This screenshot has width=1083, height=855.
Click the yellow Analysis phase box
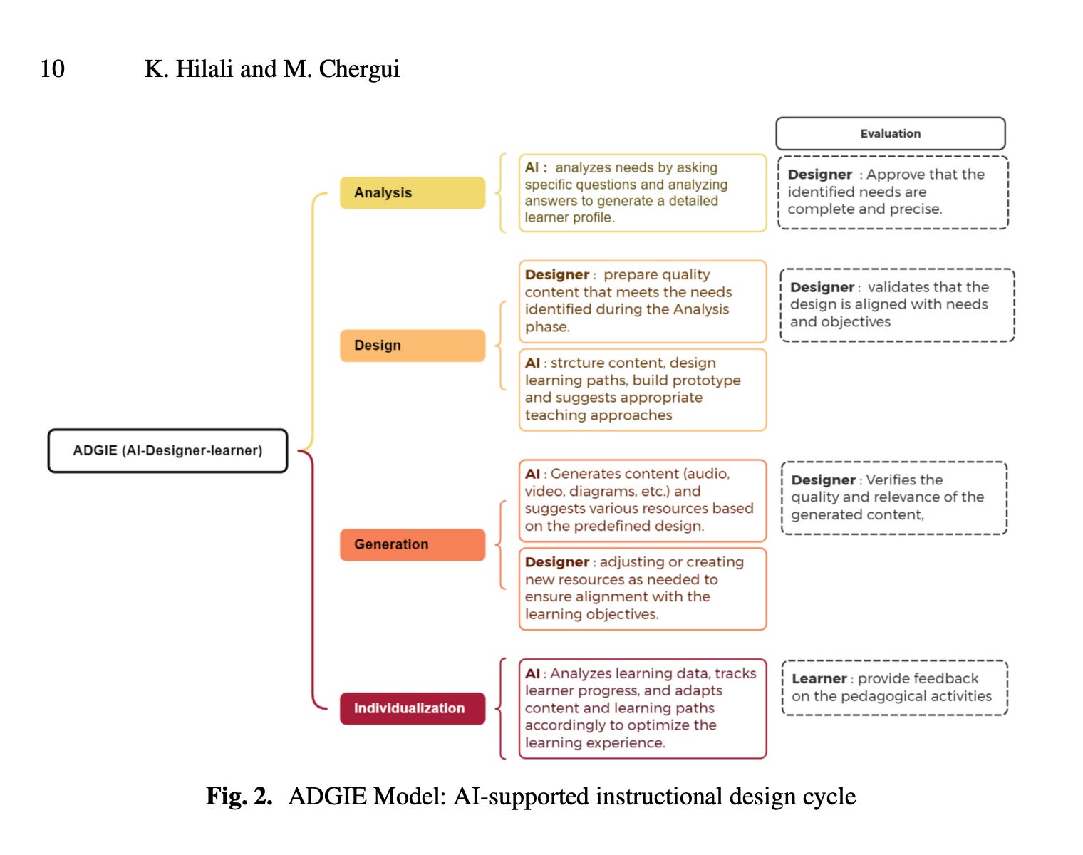412,192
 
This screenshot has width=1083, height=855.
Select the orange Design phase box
412,346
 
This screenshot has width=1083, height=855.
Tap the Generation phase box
412,544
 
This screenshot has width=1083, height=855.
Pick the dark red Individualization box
412,708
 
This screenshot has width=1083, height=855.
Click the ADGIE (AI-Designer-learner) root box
167,450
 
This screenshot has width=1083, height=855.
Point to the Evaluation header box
890,133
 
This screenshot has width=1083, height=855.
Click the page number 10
52,69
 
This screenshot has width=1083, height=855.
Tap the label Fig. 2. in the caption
239,796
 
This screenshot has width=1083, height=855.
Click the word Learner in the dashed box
819,679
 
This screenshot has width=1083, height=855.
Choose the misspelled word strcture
578,363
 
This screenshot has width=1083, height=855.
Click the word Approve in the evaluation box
896,175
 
